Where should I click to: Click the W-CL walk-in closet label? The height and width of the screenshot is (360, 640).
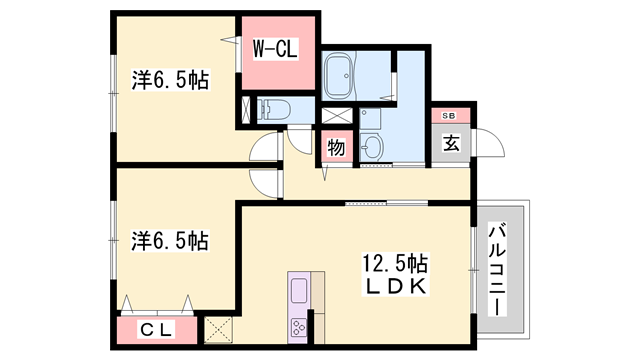click(x=273, y=46)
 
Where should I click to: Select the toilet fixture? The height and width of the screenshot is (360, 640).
click(x=273, y=109)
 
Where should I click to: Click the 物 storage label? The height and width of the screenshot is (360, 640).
click(x=337, y=148)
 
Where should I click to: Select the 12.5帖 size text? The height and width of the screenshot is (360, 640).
click(x=395, y=264)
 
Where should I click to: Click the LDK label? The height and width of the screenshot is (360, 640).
click(x=395, y=286)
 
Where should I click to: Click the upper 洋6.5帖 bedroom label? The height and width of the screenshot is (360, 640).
click(x=171, y=80)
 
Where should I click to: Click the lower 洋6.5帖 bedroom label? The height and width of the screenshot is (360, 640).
click(x=171, y=241)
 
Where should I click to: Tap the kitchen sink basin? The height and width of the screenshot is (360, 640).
click(x=300, y=292)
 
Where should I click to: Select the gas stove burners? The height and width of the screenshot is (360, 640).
click(x=300, y=326)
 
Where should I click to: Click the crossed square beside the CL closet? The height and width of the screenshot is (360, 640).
click(x=217, y=328)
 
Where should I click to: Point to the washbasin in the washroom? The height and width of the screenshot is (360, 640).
click(x=372, y=149)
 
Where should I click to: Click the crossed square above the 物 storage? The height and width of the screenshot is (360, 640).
click(x=334, y=114)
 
